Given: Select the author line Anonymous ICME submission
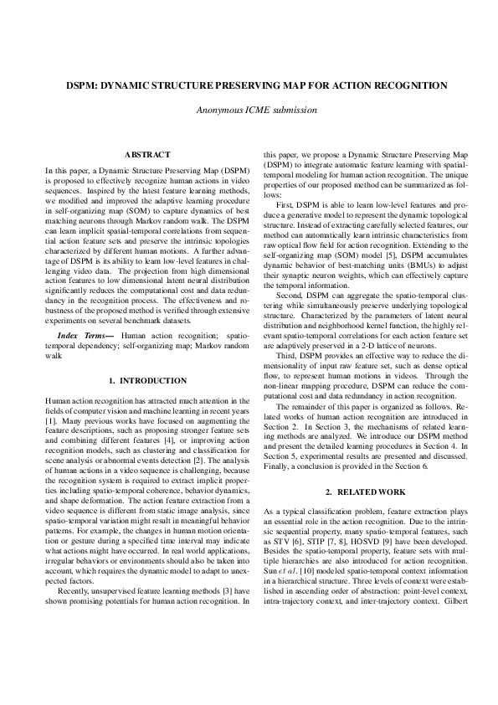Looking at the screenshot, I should click(x=249, y=110).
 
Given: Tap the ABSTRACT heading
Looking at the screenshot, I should click(x=146, y=154).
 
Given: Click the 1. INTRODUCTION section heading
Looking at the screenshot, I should click(x=146, y=382).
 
